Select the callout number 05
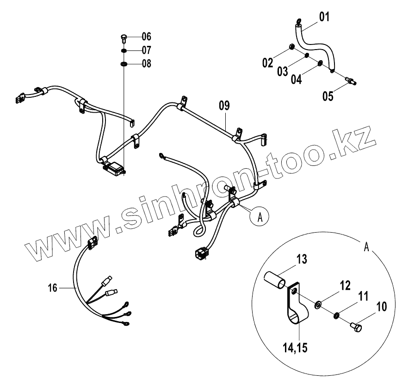(x=328, y=96)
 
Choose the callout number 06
(x=146, y=36)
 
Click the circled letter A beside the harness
(x=260, y=216)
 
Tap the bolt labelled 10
(x=356, y=327)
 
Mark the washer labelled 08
(x=124, y=63)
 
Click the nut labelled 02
(x=292, y=47)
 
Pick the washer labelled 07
(x=124, y=50)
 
